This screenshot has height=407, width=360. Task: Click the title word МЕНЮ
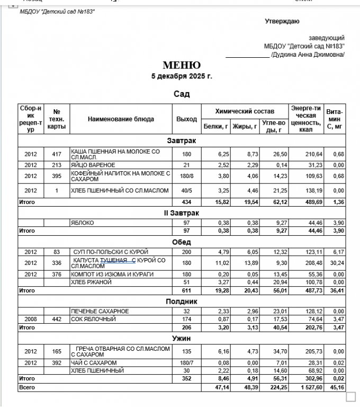click(182, 65)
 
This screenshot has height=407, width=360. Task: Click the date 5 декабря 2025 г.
click(182, 76)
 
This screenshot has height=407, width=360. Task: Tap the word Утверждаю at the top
click(282, 21)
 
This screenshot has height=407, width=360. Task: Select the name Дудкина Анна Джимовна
click(307, 55)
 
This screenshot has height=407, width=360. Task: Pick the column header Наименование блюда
click(121, 119)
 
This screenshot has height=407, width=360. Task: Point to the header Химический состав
click(245, 111)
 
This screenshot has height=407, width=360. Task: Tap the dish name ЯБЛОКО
click(82, 223)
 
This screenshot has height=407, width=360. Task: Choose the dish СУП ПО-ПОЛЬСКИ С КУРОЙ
click(110, 252)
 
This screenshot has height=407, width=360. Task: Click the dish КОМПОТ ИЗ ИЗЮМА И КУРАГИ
click(112, 274)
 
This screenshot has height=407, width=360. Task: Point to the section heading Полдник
click(182, 300)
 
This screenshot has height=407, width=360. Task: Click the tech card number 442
click(57, 320)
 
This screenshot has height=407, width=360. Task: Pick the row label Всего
click(27, 387)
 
